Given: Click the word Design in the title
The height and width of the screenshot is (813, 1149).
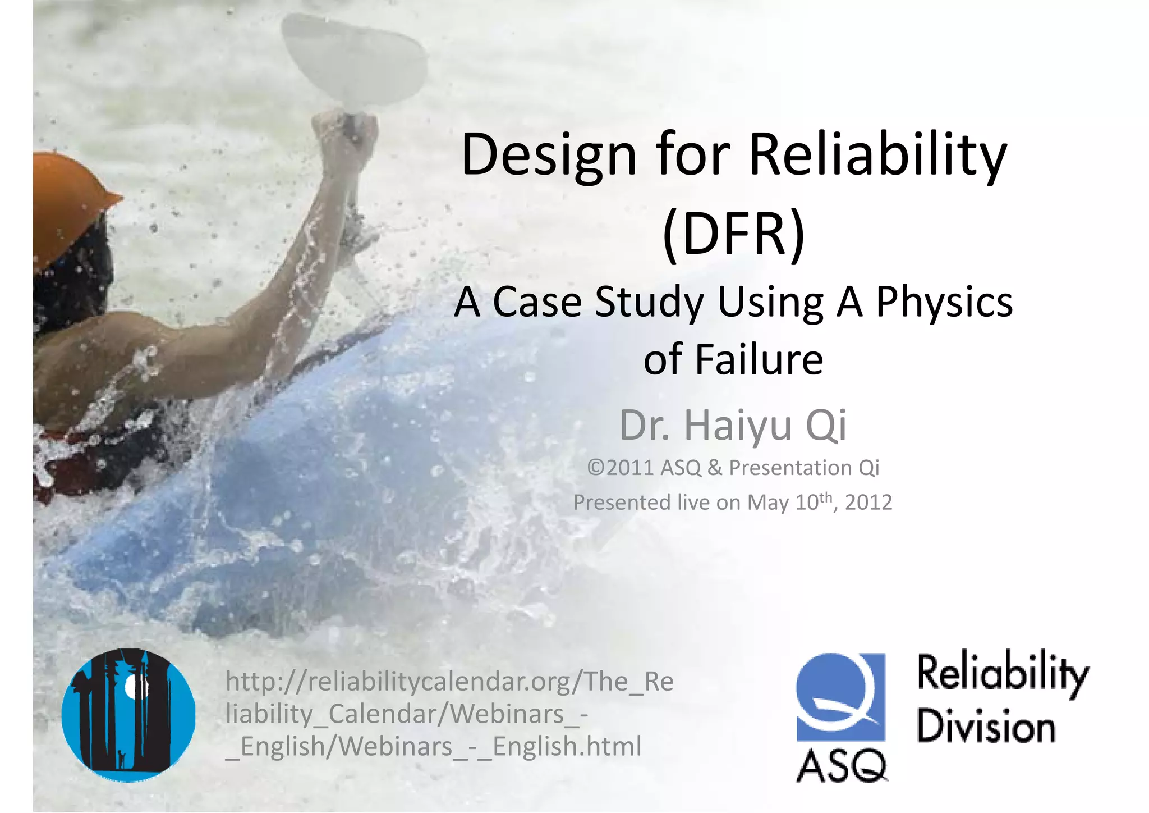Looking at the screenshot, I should coord(548,155).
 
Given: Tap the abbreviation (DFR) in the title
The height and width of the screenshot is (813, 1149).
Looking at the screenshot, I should coord(733,234).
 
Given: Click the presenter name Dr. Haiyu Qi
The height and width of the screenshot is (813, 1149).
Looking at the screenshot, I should coord(733,425).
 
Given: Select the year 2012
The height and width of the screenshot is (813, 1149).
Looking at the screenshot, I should coord(868,502).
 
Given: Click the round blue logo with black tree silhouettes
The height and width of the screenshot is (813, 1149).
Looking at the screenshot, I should coord(128,715).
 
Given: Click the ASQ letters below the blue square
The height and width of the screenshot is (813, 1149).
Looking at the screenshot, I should coord(842,766).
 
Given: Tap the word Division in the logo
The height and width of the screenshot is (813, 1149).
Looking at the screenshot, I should coord(986,727).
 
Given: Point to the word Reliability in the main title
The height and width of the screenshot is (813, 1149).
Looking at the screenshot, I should coord(878,155).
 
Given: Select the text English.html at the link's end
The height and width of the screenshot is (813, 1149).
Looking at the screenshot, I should coord(567,746).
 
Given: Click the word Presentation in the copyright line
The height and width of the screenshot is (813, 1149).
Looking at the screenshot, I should coord(790,468).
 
